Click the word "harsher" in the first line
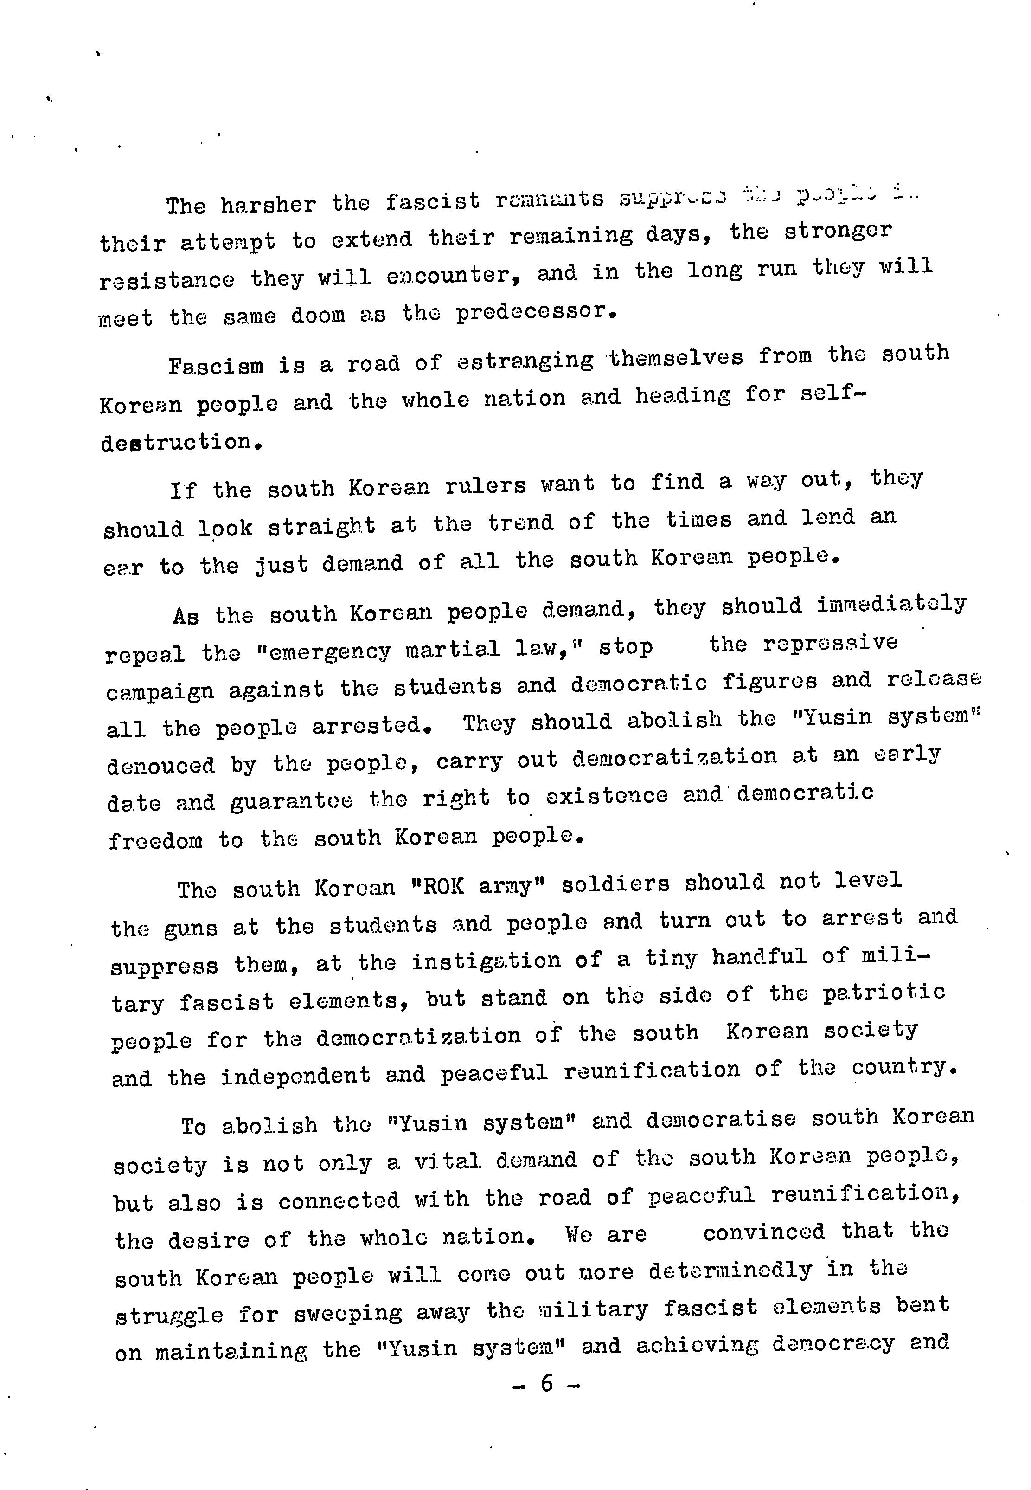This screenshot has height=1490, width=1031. pos(268,204)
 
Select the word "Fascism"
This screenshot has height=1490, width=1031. pos(216,366)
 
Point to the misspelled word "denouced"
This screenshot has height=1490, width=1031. pos(160,766)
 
